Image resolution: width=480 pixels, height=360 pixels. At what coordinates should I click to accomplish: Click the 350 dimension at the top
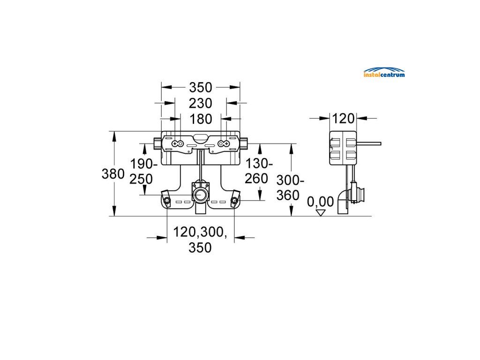click(201, 88)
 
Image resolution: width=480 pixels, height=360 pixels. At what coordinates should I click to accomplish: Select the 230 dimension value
click(201, 104)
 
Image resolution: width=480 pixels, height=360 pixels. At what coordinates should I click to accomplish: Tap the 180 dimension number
click(201, 119)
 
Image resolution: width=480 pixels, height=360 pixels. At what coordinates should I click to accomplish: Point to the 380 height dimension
click(113, 174)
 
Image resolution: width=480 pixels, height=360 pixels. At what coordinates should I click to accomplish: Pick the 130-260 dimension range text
click(258, 171)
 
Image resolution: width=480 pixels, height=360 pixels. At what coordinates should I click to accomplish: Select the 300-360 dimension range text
click(290, 187)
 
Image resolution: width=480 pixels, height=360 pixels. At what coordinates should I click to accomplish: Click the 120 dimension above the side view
click(343, 119)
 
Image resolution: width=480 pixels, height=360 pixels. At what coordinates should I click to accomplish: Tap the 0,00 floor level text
click(320, 202)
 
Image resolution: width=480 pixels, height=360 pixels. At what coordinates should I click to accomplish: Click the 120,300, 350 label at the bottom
click(200, 240)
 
